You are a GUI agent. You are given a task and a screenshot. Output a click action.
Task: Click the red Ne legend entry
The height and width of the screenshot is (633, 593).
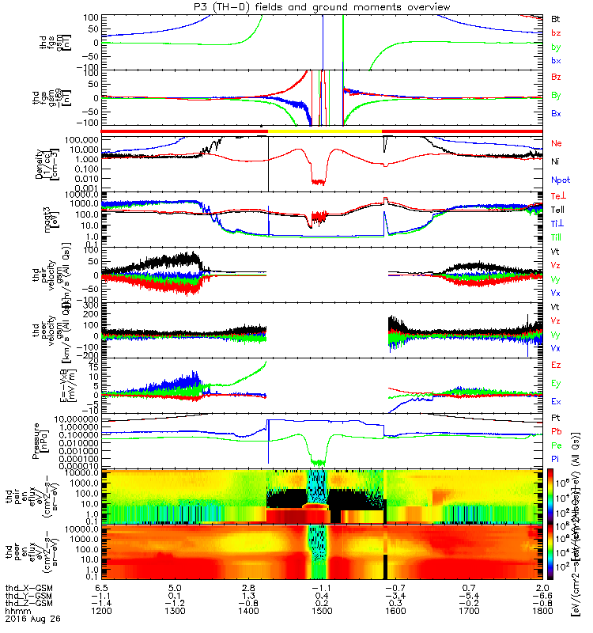[556, 143]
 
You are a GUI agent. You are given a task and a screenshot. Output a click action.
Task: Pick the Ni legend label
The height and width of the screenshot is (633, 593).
[554, 161]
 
